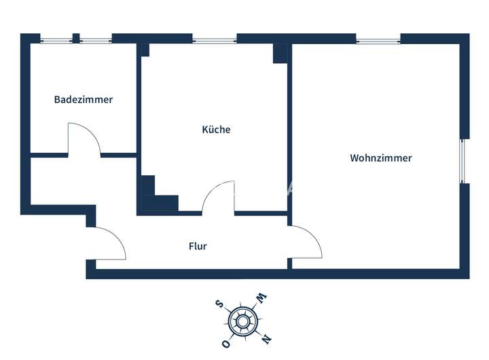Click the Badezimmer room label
tap(84, 99)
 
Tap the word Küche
tap(216, 129)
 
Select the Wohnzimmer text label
tap(381, 158)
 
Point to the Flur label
tap(198, 246)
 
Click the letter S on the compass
tap(219, 304)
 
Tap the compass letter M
tap(261, 298)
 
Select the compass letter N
tap(267, 337)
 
